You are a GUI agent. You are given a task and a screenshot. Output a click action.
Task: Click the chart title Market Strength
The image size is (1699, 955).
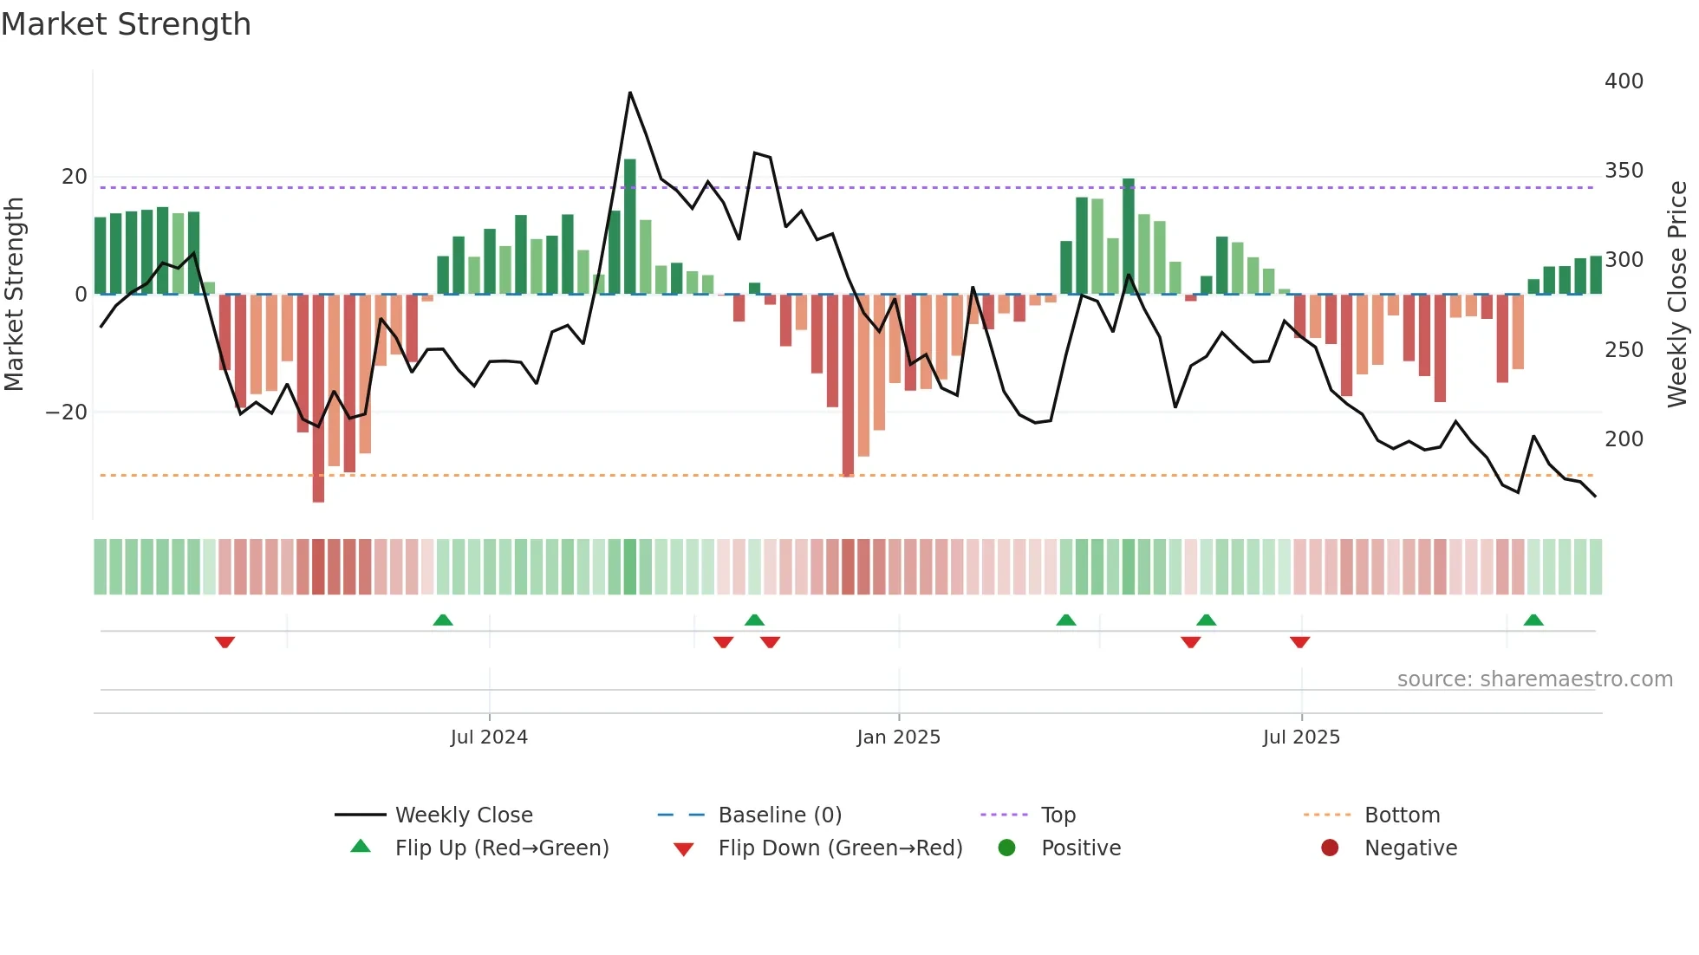pos(127,24)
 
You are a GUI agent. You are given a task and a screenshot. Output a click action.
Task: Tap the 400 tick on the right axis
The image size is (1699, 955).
pos(1624,81)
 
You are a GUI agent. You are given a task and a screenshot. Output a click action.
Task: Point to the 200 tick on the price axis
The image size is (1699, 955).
pos(1624,439)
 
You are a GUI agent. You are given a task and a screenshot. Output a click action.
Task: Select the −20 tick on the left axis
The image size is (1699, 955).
pos(67,413)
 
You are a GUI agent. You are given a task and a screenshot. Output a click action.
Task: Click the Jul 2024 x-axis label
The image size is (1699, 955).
pos(489,737)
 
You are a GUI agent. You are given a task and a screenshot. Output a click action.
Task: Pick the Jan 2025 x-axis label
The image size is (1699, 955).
pos(898,737)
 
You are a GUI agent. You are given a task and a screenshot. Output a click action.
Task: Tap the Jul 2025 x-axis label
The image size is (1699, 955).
pos(1301,737)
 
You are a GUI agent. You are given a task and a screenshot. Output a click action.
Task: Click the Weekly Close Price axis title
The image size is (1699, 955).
pos(1677,295)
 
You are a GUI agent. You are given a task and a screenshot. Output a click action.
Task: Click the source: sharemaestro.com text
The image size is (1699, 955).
pos(1534,679)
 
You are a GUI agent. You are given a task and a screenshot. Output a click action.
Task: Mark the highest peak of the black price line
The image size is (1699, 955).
pos(630,93)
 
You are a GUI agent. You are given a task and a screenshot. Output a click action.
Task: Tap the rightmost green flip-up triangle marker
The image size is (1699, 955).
pos(1533,620)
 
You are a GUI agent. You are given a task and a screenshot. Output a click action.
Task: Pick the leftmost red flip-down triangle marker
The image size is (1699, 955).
pos(225,642)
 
